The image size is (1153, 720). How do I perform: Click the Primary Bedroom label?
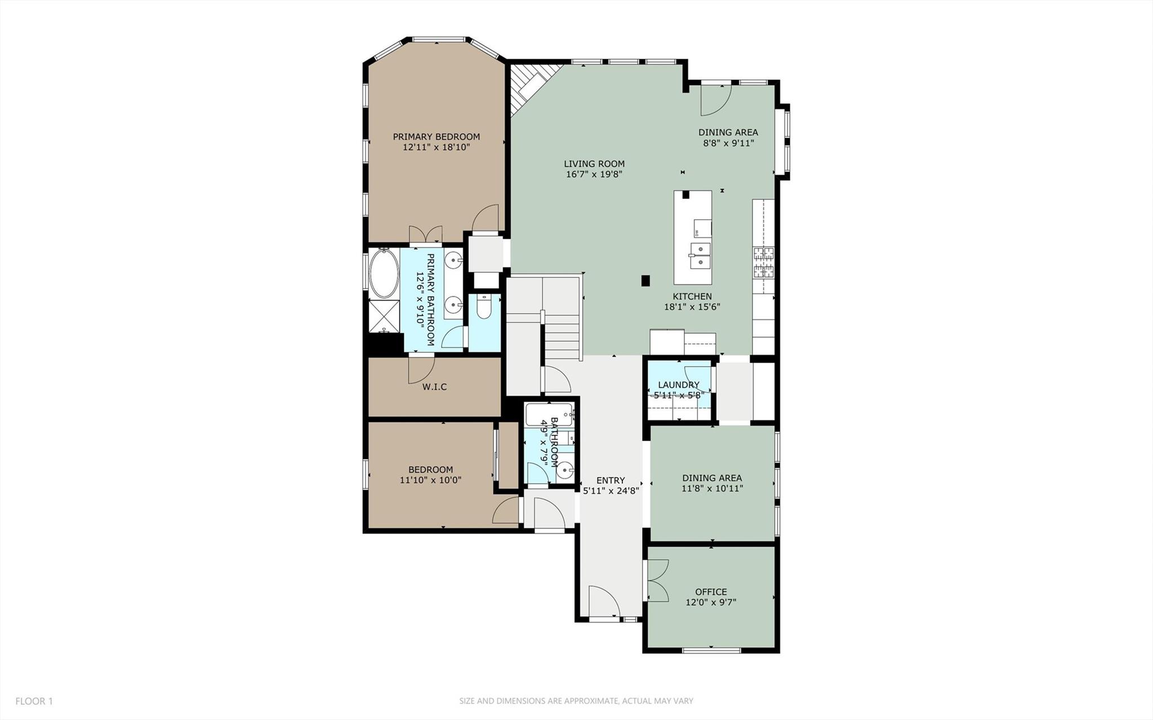coord(436,137)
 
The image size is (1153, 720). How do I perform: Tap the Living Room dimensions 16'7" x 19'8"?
coord(594,175)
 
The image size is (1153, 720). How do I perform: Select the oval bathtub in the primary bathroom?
coord(384,274)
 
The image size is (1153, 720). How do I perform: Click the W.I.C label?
coord(434,387)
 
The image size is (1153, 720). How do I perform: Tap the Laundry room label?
coord(678,385)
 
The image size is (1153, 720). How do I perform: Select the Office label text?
coord(710,592)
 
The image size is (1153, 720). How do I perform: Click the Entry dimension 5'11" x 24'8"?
coord(611,491)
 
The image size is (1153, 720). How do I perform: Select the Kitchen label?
coord(692,296)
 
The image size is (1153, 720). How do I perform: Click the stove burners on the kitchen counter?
coord(764,263)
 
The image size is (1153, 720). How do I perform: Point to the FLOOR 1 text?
coord(34,701)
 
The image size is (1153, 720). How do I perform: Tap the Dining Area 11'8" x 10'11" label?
coord(712,483)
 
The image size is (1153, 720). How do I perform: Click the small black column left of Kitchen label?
coord(645,280)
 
